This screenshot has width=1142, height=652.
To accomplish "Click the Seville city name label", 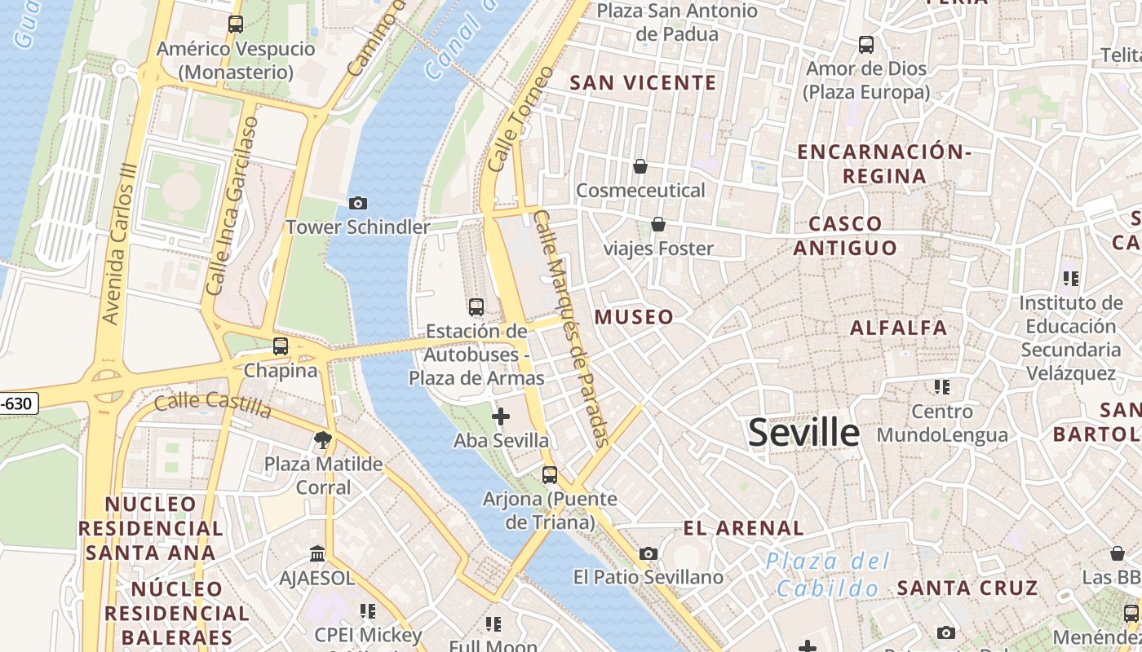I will point(803,433).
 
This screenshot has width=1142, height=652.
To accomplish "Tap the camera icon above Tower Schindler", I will point(357,203).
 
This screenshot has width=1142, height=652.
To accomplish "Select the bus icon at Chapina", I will point(281,346).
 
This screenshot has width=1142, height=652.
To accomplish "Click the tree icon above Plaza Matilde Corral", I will point(323,440).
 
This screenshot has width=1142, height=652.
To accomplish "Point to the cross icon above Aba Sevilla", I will point(501,417).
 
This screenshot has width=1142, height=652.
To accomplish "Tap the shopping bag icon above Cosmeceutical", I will point(640,166).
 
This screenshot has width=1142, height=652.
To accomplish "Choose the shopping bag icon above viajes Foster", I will point(658,224).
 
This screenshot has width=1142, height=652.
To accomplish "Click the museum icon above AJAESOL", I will point(317,554).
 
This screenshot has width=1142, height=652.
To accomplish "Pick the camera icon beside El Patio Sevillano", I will point(648,554).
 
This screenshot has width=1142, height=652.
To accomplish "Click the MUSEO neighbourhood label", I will point(635,317).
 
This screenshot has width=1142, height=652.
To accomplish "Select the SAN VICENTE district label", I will point(643,82).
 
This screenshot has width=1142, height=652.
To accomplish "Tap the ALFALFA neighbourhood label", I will point(898,328).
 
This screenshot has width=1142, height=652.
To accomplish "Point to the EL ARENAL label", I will point(743,528).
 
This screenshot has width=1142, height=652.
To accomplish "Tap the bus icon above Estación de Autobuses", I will point(476,307).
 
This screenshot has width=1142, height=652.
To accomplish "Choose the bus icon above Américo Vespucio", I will point(236,24).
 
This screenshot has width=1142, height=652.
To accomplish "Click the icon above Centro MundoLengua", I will point(942,386).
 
